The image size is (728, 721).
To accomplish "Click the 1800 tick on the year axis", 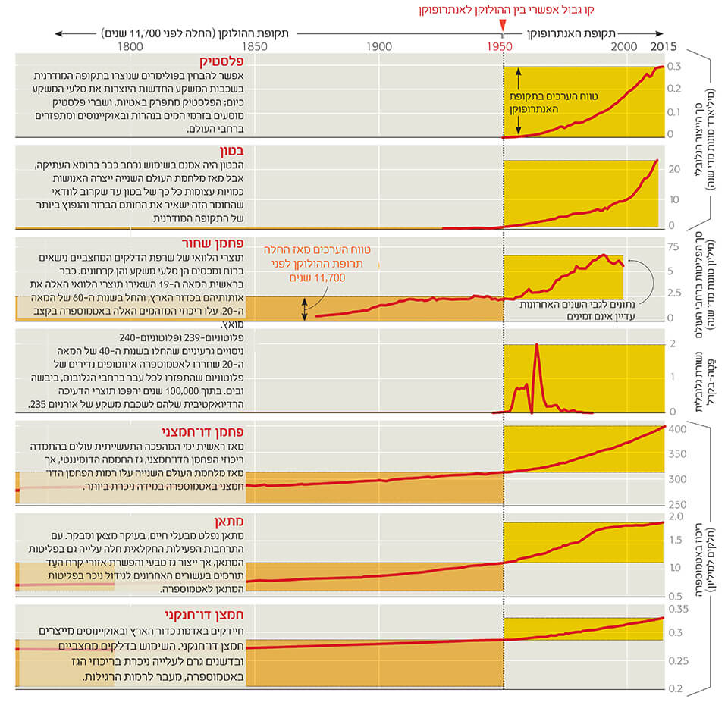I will pyautogui.click(x=130, y=46).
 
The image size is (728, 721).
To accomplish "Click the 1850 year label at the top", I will pyautogui.click(x=254, y=46).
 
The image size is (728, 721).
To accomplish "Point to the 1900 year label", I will pyautogui.click(x=378, y=46).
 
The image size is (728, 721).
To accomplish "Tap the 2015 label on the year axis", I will pyautogui.click(x=664, y=46).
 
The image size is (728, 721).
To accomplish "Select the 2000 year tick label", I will pyautogui.click(x=625, y=46).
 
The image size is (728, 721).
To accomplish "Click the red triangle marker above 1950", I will pyautogui.click(x=502, y=29).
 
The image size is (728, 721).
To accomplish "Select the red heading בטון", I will pyautogui.click(x=233, y=151).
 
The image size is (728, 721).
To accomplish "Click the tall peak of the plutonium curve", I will pyautogui.click(x=537, y=345).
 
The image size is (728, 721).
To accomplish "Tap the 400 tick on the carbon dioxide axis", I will pyautogui.click(x=677, y=429).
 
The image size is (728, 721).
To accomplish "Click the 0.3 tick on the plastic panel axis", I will pyautogui.click(x=673, y=67).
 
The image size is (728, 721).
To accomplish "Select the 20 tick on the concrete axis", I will pyautogui.click(x=673, y=169).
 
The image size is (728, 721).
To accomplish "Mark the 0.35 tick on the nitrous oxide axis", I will pyautogui.click(x=677, y=608).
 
